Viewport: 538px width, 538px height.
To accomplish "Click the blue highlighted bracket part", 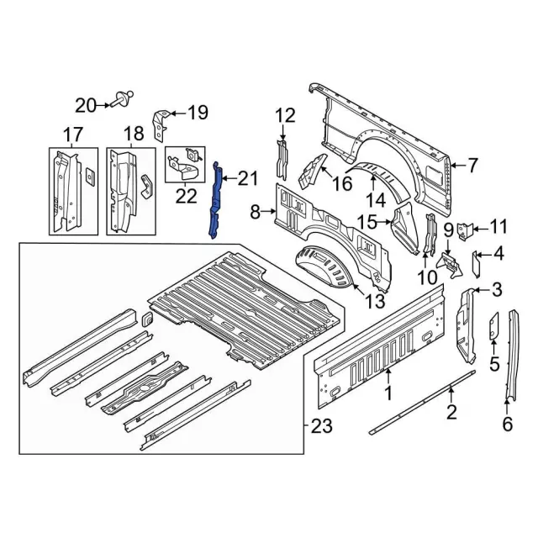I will click(x=215, y=202).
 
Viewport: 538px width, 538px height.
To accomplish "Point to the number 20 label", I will click(x=86, y=105).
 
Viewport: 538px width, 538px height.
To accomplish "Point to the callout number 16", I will click(x=342, y=183).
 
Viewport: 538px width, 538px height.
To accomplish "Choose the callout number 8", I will click(x=256, y=214).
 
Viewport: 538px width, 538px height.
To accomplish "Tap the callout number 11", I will click(x=499, y=226).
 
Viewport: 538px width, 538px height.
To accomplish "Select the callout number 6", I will click(x=507, y=425).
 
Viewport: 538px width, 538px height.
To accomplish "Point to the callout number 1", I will click(x=388, y=392).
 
